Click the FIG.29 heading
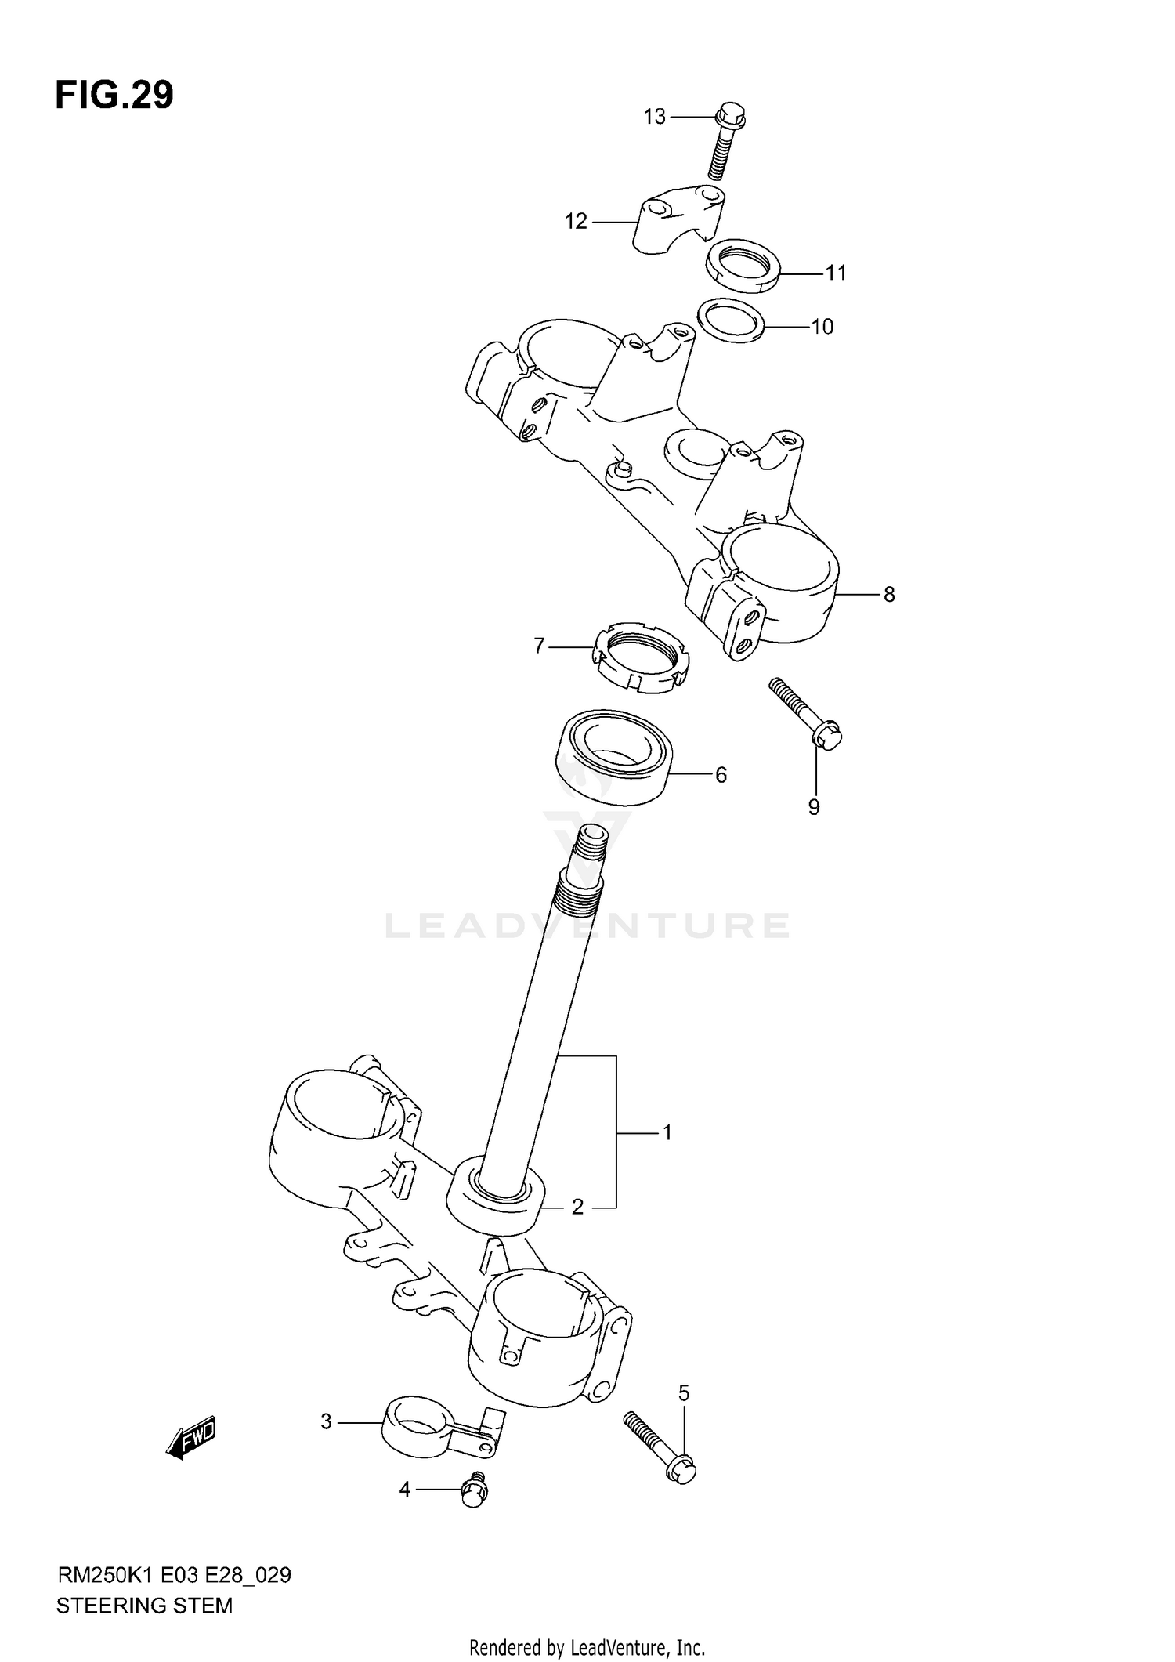click(x=114, y=96)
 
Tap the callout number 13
click(x=654, y=117)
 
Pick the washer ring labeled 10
click(x=731, y=320)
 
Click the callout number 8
click(x=888, y=595)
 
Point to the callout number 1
click(x=667, y=1132)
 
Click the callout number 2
click(x=577, y=1208)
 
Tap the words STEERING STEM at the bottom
click(x=144, y=1606)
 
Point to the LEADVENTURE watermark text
click(x=587, y=926)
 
